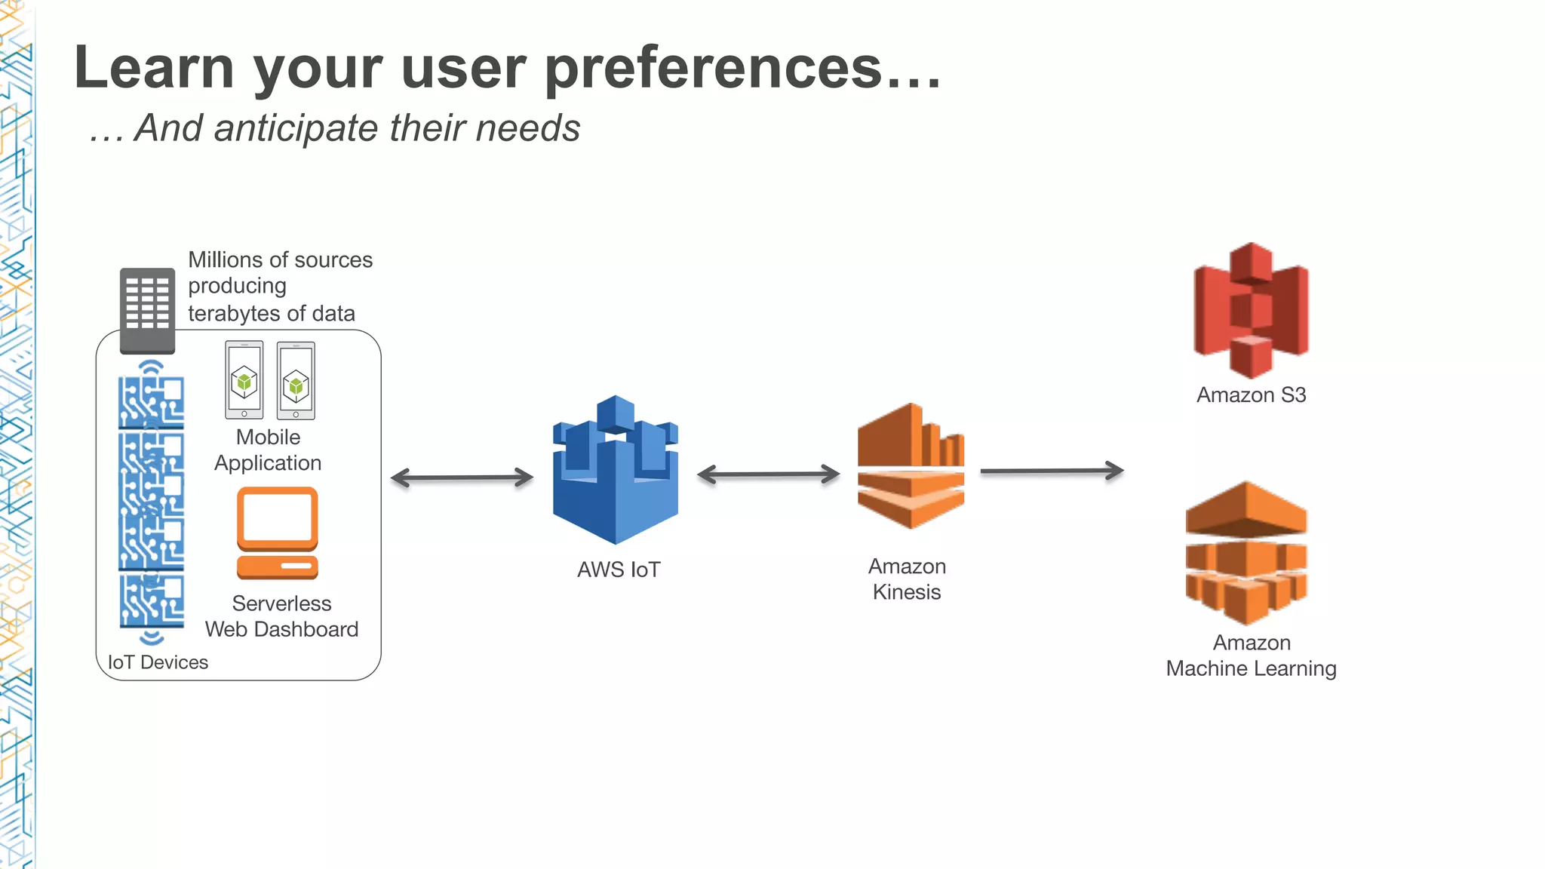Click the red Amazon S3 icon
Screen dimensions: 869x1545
click(1251, 309)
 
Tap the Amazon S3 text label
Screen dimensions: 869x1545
click(1251, 395)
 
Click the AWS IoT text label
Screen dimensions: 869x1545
click(619, 570)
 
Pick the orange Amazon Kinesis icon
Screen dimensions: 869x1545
click(911, 466)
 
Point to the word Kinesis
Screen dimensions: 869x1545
click(907, 592)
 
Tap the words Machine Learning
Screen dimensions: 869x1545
click(1251, 668)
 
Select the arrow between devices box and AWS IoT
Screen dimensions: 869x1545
click(462, 477)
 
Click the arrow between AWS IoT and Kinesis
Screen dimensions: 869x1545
click(768, 474)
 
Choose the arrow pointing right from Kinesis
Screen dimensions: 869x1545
click(1052, 471)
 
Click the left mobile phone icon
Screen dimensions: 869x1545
click(244, 379)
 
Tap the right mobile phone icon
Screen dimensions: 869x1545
click(296, 380)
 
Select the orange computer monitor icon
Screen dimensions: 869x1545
click(278, 533)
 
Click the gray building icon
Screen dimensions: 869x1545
click(148, 310)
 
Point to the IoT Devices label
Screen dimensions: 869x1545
click(158, 662)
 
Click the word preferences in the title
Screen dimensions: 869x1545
click(713, 67)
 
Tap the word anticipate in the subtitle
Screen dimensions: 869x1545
click(298, 127)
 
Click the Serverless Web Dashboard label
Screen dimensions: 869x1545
click(281, 616)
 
